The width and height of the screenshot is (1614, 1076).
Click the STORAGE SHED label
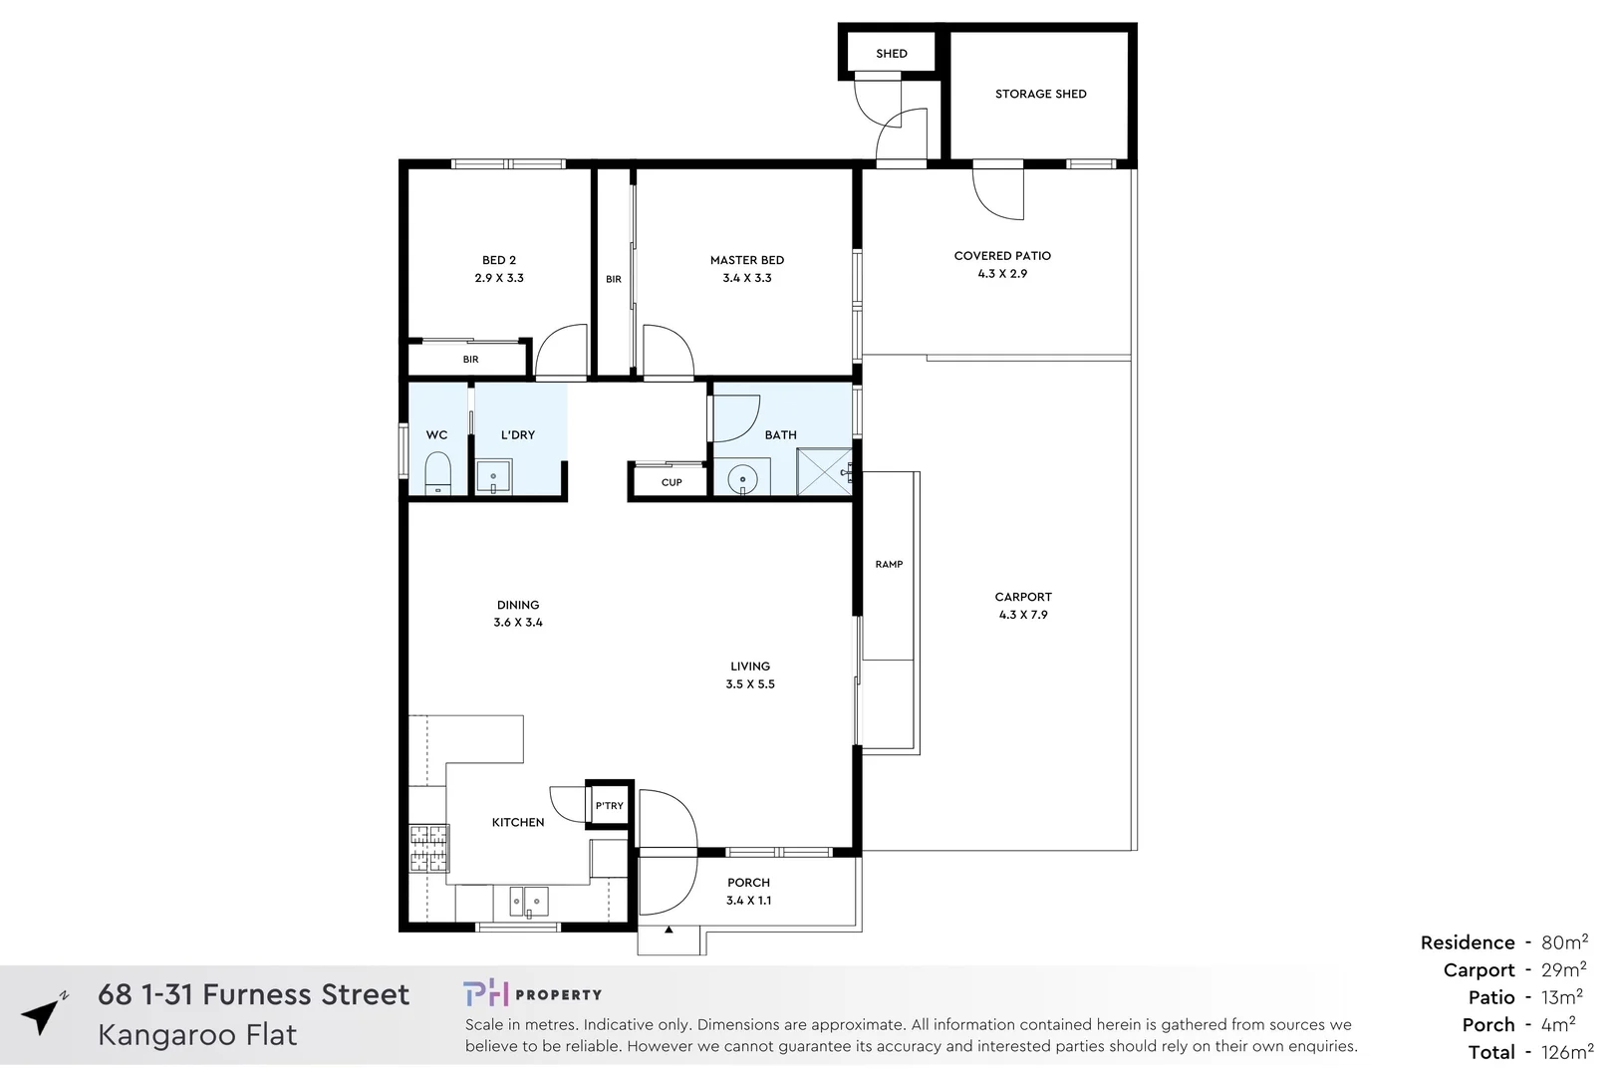point(1040,94)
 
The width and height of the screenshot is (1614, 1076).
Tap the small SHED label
point(891,54)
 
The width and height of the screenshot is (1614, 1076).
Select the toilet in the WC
point(437,473)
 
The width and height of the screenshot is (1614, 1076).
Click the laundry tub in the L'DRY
point(493,476)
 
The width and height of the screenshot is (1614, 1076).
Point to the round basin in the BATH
point(742,480)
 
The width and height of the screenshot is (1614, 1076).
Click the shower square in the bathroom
point(823,471)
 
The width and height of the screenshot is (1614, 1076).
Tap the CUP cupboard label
point(672,482)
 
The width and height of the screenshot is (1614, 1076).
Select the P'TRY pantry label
point(609,806)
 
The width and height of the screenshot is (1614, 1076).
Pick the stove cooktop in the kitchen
point(429,849)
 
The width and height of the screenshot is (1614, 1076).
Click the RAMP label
point(889,565)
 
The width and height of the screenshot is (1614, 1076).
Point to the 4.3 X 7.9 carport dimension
point(1023,615)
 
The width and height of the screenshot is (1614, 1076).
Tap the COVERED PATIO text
point(1002,256)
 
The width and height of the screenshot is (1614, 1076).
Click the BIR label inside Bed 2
point(470,360)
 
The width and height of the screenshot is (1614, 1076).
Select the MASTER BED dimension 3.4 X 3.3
point(747,278)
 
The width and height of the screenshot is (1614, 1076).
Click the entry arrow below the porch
point(669,931)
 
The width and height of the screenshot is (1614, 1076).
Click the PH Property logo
point(532,993)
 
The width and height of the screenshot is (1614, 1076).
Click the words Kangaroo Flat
point(197,1035)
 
